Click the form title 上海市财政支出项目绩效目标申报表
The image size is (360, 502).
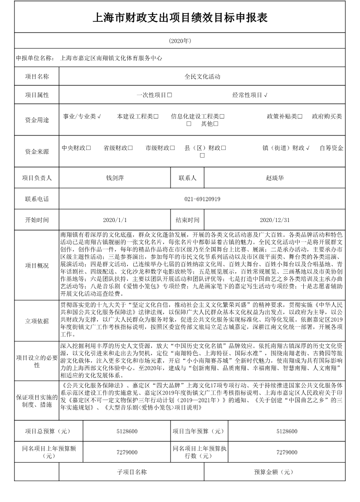click(180, 18)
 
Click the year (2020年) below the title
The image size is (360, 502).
click(180, 41)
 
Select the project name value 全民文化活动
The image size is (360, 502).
click(202, 77)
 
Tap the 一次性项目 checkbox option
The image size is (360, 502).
click(154, 95)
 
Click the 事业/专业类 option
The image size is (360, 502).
click(82, 116)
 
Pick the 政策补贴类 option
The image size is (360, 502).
click(285, 116)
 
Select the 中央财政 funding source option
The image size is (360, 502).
click(76, 148)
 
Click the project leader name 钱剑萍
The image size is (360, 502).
click(115, 178)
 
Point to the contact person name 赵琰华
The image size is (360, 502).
click(275, 178)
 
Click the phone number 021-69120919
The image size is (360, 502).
click(202, 199)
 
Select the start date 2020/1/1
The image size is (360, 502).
click(115, 220)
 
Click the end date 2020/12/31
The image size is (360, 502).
click(275, 220)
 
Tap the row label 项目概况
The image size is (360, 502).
click(37, 265)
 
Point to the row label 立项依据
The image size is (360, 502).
click(37, 321)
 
